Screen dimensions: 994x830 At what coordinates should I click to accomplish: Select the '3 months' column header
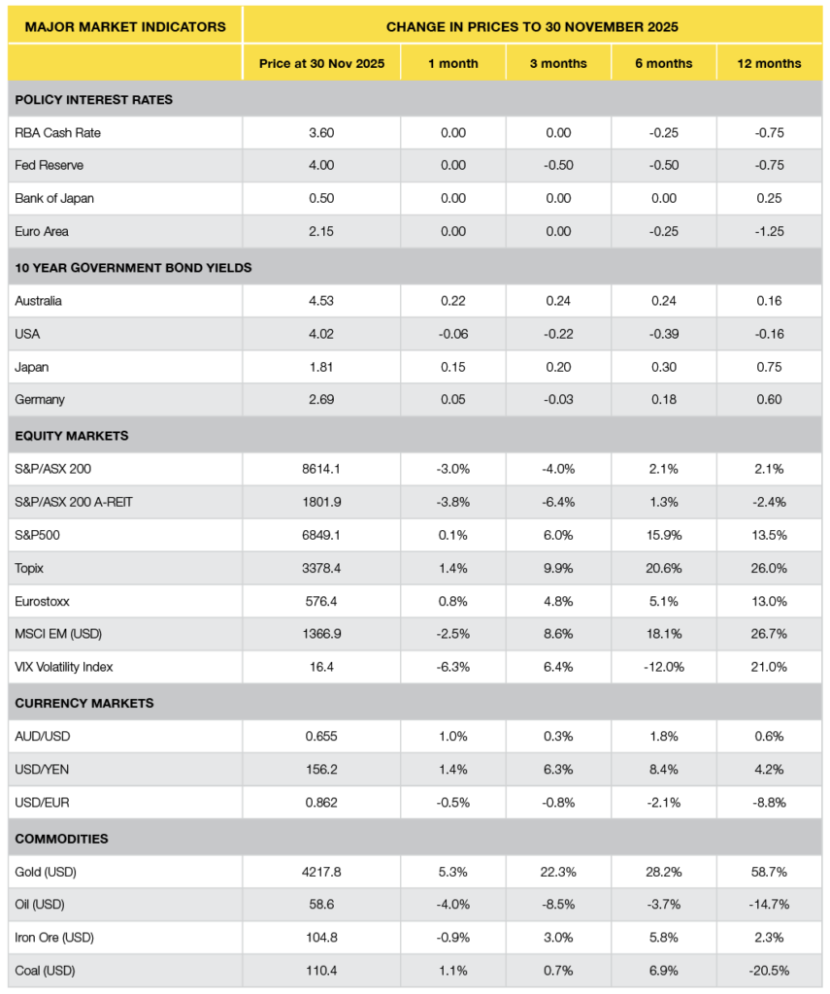pyautogui.click(x=558, y=63)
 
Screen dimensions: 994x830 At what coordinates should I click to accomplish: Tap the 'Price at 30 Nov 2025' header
pyautogui.click(x=321, y=63)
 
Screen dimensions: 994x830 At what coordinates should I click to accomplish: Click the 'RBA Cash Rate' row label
pyautogui.click(x=57, y=133)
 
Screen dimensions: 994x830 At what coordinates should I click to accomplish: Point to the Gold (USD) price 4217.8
pyautogui.click(x=321, y=872)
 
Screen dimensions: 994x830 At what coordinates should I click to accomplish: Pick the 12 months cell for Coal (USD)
pyautogui.click(x=769, y=971)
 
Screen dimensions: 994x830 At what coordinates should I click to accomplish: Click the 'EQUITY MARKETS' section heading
pyautogui.click(x=72, y=436)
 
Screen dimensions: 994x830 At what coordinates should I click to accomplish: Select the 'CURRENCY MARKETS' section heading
pyautogui.click(x=83, y=703)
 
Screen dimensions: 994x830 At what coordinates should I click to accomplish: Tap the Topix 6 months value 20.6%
pyautogui.click(x=664, y=568)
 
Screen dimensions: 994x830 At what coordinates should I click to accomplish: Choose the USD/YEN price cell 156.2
pyautogui.click(x=321, y=769)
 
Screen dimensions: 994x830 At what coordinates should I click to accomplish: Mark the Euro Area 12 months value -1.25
pyautogui.click(x=769, y=232)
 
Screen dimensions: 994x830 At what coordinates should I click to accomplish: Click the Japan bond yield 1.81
pyautogui.click(x=321, y=367)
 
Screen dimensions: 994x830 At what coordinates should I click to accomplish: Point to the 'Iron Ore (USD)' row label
pyautogui.click(x=54, y=938)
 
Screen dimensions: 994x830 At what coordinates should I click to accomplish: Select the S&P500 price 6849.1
pyautogui.click(x=321, y=535)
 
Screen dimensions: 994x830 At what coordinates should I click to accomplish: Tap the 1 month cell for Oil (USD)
pyautogui.click(x=452, y=905)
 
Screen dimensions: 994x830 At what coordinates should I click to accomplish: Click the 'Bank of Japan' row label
pyautogui.click(x=54, y=199)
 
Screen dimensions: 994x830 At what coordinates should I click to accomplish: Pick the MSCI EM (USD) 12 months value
pyautogui.click(x=769, y=634)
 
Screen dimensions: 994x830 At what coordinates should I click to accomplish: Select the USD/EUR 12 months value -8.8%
pyautogui.click(x=769, y=802)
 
